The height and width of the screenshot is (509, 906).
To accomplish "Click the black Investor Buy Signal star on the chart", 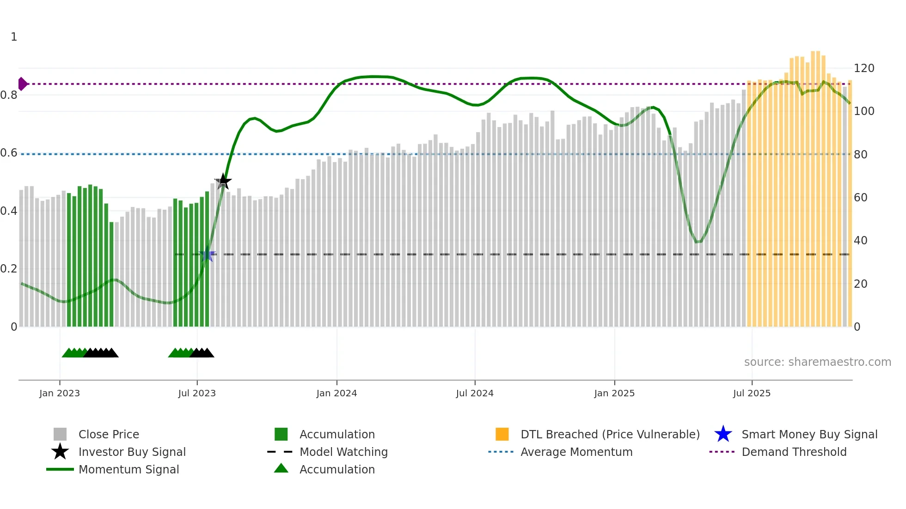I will tap(223, 182).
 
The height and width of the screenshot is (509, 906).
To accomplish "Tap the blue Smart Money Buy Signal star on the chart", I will tap(207, 255).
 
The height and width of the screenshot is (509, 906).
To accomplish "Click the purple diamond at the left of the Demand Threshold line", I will tap(22, 84).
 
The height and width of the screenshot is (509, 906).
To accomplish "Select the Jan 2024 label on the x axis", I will tap(337, 393).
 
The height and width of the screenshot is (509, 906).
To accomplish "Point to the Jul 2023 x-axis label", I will tap(197, 393).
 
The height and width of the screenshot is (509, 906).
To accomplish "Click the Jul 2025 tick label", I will tap(752, 393).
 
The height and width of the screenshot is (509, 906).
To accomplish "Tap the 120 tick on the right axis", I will tap(864, 68).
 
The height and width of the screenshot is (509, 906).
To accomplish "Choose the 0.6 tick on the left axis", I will tap(9, 153).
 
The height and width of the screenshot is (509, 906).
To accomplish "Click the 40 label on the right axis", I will tap(860, 241).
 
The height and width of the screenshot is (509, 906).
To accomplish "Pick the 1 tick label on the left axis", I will tap(14, 37).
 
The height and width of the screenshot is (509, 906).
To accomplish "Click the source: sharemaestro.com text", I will tap(817, 362).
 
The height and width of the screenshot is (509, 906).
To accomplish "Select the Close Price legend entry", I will tap(109, 434).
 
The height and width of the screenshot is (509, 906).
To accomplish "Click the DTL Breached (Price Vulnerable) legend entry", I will tap(610, 434).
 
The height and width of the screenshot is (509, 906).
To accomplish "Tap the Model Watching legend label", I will tap(343, 452).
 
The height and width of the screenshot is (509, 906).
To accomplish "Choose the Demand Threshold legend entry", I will tap(794, 452).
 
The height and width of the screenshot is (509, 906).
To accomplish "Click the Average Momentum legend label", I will tap(576, 452).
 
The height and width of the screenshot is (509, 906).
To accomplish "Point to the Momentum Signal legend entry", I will tap(129, 469).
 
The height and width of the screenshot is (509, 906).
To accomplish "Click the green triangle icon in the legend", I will tap(281, 468).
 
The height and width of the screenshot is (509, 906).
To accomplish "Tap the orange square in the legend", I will tap(502, 434).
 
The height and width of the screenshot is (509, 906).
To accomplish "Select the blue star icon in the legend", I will tap(723, 434).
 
